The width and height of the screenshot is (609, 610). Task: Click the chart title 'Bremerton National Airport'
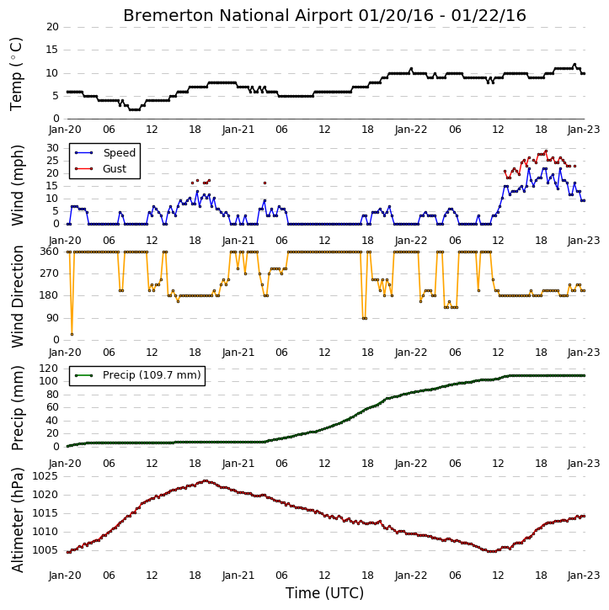tap(238, 15)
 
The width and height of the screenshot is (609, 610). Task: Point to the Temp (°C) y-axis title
tap(16, 74)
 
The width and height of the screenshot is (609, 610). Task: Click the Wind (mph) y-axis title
tap(18, 185)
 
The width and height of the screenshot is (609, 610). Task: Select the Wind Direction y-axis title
tap(18, 296)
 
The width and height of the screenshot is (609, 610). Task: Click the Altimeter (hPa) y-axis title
tap(18, 520)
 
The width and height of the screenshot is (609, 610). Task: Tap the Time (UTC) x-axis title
tap(324, 593)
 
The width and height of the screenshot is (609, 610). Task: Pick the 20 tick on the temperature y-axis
tap(52, 27)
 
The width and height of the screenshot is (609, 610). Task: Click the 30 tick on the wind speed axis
tap(52, 148)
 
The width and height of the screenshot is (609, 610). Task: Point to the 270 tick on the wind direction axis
tap(50, 273)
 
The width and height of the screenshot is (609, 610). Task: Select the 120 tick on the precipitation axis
tap(50, 368)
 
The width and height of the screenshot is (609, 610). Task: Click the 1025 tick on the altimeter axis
tap(45, 476)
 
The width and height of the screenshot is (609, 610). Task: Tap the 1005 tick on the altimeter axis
tap(45, 550)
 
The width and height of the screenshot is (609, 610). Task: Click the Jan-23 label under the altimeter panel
tap(583, 576)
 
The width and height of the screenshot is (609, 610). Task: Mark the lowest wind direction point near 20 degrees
tap(72, 335)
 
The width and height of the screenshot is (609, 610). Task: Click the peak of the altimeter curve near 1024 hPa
tap(206, 480)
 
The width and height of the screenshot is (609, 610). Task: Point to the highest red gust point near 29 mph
tap(546, 151)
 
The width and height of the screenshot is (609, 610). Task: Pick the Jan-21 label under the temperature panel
tap(238, 130)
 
